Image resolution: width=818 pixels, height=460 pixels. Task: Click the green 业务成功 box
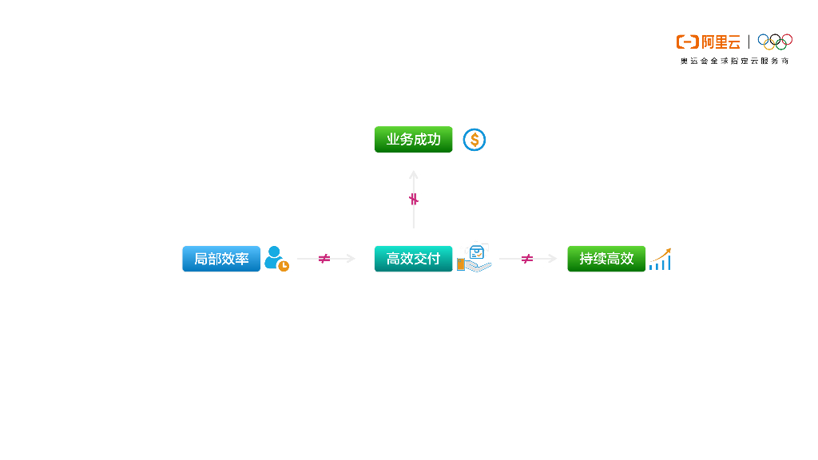pyautogui.click(x=413, y=140)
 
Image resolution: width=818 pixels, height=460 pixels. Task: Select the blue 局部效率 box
pyautogui.click(x=221, y=259)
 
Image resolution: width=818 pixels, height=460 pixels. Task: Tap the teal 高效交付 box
pyautogui.click(x=413, y=259)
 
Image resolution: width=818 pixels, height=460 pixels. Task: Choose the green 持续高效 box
pyautogui.click(x=606, y=259)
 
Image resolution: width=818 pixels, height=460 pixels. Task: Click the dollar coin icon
pyautogui.click(x=475, y=140)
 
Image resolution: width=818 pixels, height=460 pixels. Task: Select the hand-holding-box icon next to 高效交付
pyautogui.click(x=475, y=259)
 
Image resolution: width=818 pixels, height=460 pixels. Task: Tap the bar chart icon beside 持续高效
pyautogui.click(x=660, y=259)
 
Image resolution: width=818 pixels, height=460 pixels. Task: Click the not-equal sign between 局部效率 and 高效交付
pyautogui.click(x=324, y=259)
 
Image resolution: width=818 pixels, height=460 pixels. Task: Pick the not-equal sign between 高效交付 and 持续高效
pyautogui.click(x=527, y=259)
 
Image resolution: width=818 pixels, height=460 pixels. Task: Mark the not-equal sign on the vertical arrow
pyautogui.click(x=414, y=199)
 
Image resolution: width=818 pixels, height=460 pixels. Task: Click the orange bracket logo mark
pyautogui.click(x=687, y=42)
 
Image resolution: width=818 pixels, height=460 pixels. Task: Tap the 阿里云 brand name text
pyautogui.click(x=721, y=42)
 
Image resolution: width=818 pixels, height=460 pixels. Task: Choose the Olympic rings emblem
pyautogui.click(x=775, y=41)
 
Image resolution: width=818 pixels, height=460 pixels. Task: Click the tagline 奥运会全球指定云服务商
pyautogui.click(x=734, y=61)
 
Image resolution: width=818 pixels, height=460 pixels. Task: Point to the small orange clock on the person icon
pyautogui.click(x=284, y=266)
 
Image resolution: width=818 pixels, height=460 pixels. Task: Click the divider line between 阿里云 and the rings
pyautogui.click(x=749, y=42)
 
